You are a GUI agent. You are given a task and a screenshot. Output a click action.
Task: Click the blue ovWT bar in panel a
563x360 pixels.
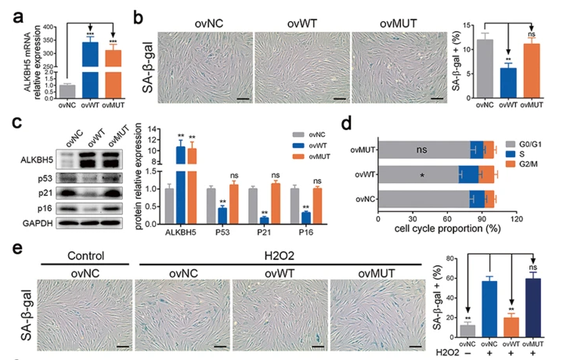coord(90,70)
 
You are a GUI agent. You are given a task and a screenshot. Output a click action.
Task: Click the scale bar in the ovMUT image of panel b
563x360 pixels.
coord(437,98)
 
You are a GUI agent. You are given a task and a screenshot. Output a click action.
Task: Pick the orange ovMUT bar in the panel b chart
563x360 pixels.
coord(532,70)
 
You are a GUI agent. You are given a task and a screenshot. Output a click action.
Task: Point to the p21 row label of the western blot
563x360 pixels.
coord(45,193)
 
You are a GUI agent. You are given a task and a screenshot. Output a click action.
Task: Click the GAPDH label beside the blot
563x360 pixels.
coord(38,223)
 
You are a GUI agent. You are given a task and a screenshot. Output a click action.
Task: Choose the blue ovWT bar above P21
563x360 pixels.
coord(264,221)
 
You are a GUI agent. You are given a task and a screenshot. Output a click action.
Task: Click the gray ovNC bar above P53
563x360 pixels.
coord(211,206)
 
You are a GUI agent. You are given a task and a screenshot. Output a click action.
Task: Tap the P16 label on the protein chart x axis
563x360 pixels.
coord(306,232)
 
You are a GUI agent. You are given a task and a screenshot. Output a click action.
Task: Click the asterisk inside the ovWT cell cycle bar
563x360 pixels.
coord(422,175)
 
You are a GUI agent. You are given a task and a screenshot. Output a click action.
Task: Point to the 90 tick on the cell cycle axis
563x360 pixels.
coord(482,219)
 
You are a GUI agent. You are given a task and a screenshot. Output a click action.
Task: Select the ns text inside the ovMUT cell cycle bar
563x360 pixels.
coord(422,149)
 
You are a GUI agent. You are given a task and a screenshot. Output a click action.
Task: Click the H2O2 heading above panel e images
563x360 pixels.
coord(280,256)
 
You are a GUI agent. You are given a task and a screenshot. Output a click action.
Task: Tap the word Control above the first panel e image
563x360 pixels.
coord(86,256)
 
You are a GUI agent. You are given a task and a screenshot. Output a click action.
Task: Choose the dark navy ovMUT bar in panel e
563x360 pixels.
coord(532,308)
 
